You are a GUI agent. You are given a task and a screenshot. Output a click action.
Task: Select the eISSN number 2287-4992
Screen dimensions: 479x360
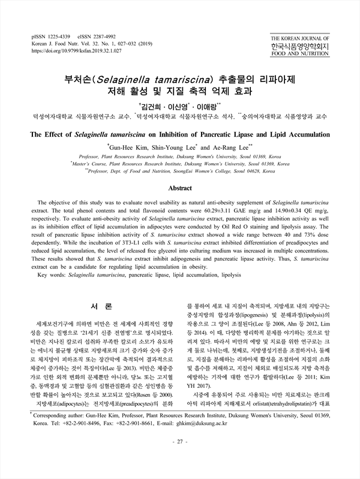122,36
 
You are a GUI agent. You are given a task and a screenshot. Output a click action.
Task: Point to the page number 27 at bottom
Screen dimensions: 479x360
179,459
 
